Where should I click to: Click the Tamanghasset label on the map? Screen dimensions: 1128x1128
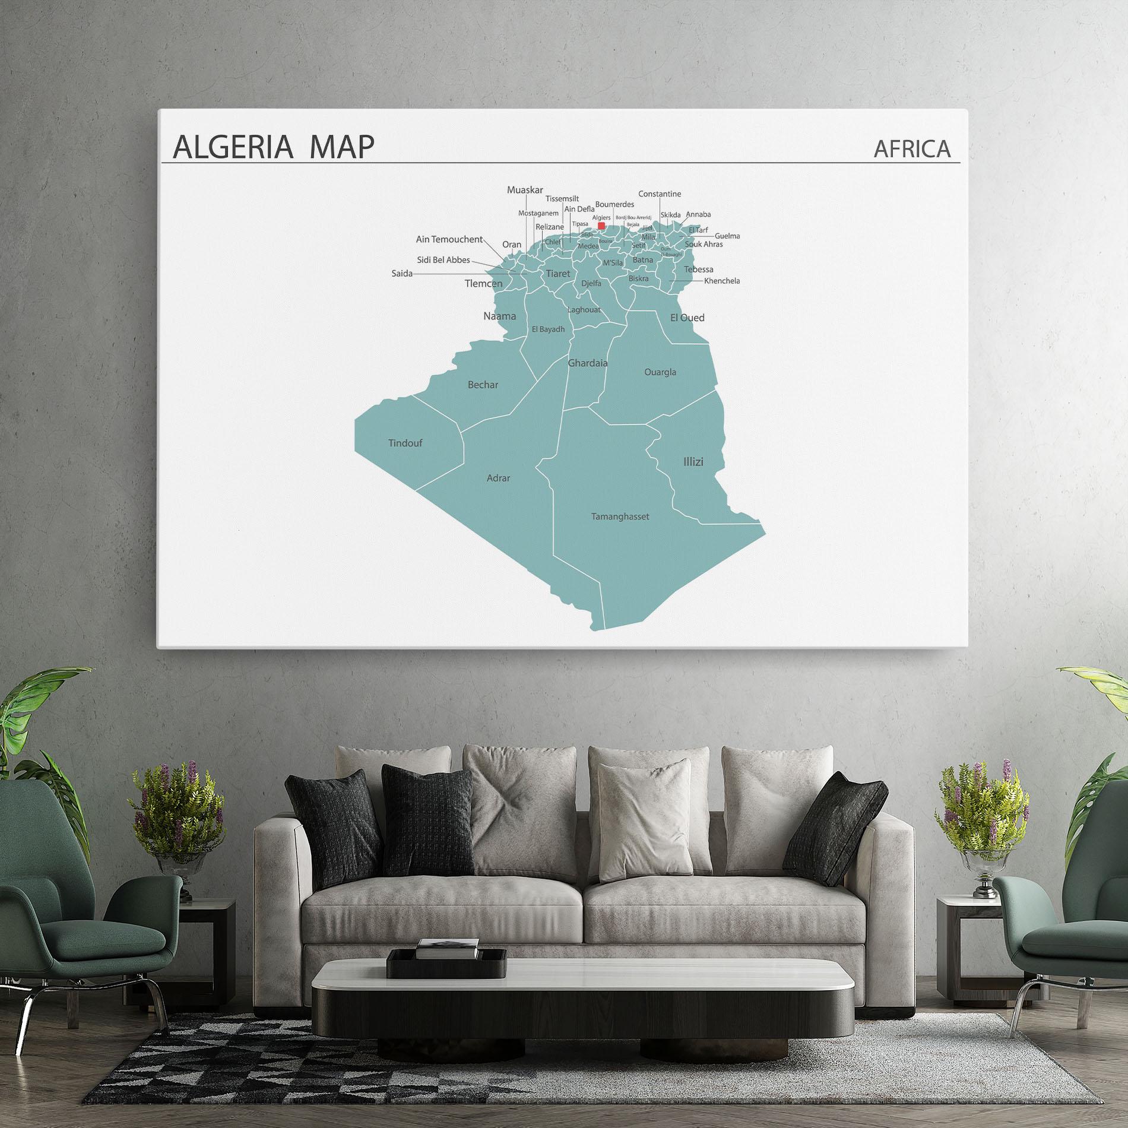[x=620, y=517]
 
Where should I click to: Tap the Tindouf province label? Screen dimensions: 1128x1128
[x=405, y=443]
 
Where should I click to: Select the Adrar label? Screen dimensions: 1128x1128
[x=498, y=478]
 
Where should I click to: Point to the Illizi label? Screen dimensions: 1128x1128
[x=693, y=461]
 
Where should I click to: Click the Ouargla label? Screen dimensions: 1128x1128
[x=660, y=372]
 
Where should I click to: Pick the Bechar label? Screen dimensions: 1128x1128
[x=483, y=385]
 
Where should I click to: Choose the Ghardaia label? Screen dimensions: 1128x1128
[x=588, y=363]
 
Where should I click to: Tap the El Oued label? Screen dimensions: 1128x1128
[x=687, y=318]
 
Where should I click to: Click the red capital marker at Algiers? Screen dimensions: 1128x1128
[x=601, y=226]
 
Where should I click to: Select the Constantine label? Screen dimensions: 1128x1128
[x=660, y=194]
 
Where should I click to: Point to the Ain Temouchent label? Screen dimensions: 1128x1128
[x=449, y=239]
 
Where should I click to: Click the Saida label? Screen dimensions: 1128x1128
[x=402, y=274]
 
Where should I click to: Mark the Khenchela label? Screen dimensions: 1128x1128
[x=722, y=281]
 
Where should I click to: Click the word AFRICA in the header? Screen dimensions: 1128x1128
[x=912, y=149]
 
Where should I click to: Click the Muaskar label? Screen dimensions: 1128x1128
[x=525, y=190]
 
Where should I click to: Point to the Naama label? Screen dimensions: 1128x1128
[x=499, y=316]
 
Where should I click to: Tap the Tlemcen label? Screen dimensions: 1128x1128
[x=483, y=284]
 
